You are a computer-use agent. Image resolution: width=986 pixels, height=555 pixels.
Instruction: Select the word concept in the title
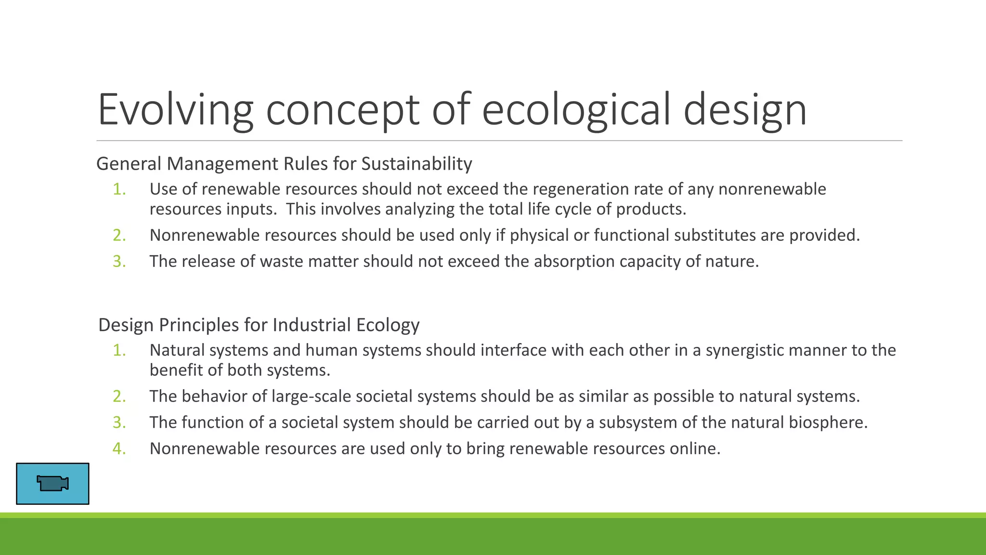point(343,110)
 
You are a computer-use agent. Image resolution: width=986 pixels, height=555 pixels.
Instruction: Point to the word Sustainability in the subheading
point(416,164)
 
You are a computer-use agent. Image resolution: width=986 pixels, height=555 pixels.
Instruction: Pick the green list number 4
point(118,449)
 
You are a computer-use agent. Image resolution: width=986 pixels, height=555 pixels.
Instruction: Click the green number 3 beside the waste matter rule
point(118,261)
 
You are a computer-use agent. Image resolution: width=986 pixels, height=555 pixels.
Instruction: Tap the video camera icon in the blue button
point(52,483)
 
